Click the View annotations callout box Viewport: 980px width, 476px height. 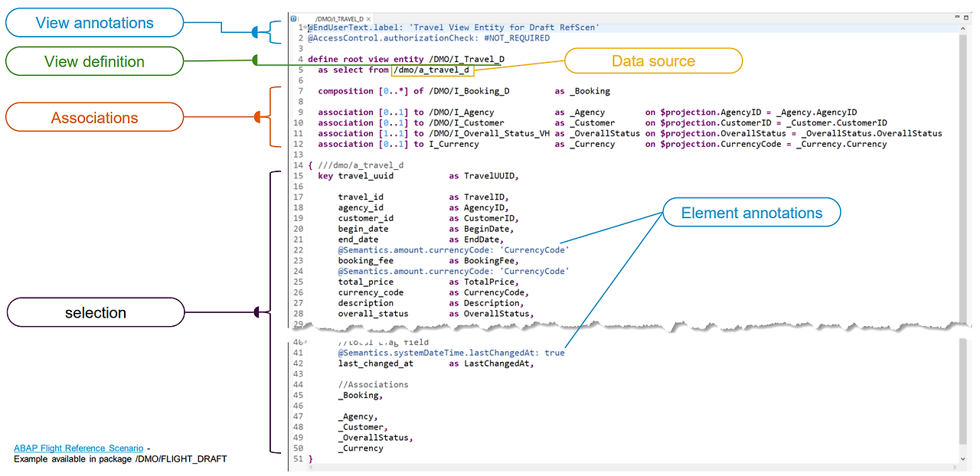94,23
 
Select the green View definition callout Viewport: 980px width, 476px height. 94,62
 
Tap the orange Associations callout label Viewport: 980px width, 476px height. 94,118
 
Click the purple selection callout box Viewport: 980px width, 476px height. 96,312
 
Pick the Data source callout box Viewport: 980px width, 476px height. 653,61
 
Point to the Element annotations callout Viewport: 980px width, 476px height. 751,214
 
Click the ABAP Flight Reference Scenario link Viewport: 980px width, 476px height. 78,448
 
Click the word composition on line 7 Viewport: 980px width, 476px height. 345,91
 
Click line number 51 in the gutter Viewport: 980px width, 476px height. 299,459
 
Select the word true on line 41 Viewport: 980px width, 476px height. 555,353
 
